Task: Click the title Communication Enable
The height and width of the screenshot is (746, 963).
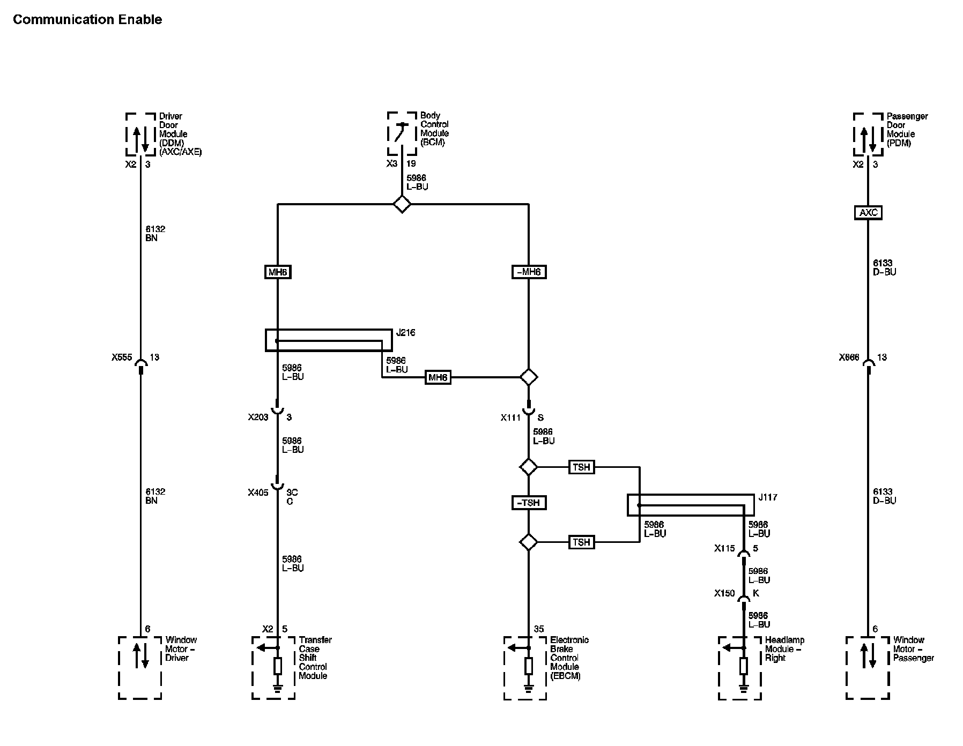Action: (x=87, y=20)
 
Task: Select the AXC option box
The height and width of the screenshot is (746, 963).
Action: (x=868, y=213)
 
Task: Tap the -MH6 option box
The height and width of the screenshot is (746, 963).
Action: (x=529, y=272)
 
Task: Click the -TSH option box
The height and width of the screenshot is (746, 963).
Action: (x=529, y=503)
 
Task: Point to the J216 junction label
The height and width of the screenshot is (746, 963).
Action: (x=405, y=333)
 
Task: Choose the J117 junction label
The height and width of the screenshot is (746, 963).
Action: (x=767, y=497)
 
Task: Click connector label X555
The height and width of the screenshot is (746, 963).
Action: (x=122, y=357)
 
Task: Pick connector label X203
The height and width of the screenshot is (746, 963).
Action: (x=258, y=417)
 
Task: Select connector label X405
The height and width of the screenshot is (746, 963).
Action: (x=258, y=493)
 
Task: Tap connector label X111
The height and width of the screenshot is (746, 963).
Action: (x=511, y=417)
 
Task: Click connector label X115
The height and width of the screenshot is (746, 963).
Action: (x=724, y=548)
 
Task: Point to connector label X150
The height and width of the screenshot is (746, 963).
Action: (x=724, y=593)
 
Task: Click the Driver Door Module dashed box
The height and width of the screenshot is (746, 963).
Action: (x=140, y=134)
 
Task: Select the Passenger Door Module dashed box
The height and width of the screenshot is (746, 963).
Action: (x=868, y=134)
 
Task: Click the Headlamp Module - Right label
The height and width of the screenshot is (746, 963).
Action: (x=784, y=649)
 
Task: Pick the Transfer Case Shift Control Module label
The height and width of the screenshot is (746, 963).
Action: (x=315, y=658)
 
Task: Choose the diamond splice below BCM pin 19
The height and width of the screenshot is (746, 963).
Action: (x=402, y=204)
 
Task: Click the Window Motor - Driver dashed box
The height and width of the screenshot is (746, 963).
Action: (x=140, y=668)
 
